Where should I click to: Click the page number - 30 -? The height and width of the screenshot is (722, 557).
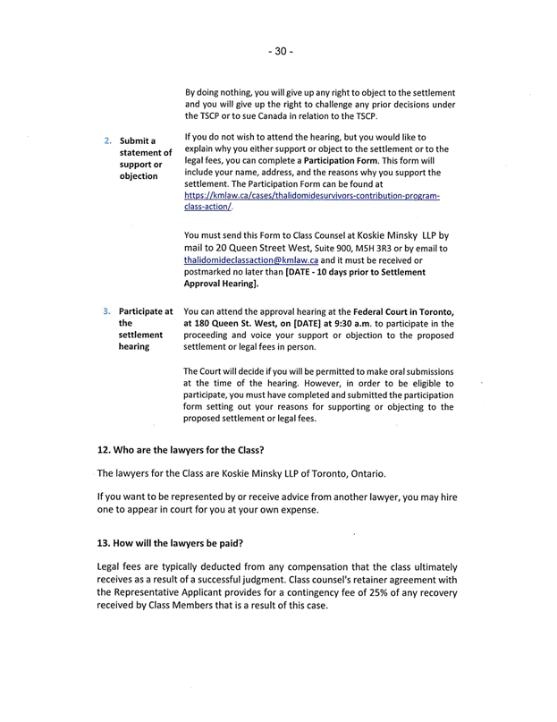(x=280, y=51)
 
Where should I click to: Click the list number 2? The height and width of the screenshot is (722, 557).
(x=108, y=141)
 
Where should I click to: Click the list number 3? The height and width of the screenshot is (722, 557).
(x=108, y=312)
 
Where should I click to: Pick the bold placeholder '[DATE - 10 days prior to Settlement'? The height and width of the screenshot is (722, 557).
(x=355, y=271)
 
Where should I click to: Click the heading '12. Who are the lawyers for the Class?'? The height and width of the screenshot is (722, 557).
(x=181, y=449)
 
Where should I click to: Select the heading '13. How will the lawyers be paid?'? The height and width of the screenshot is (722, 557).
(x=170, y=543)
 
